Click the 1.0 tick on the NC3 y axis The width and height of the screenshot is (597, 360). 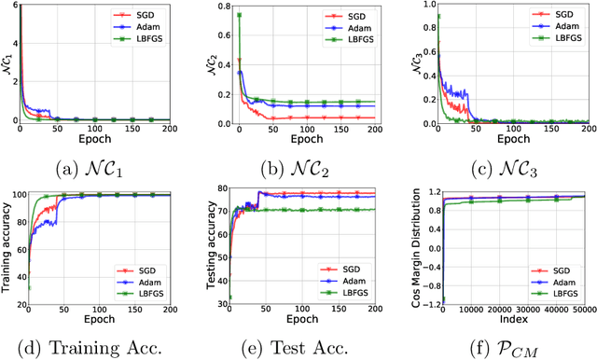425,7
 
